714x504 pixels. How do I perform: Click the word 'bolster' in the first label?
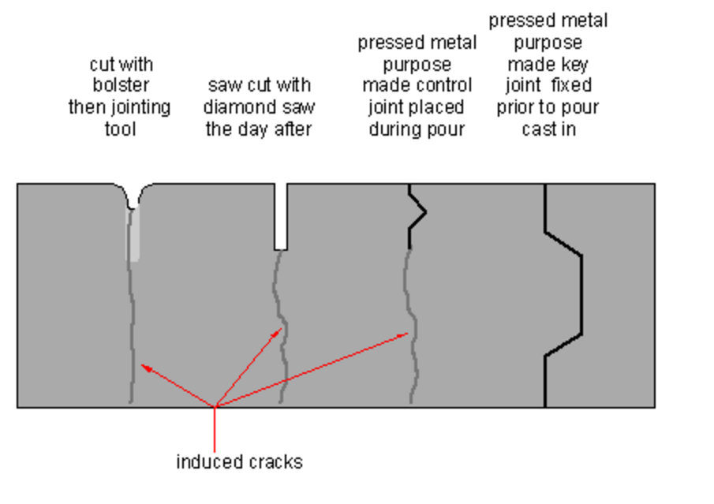point(121,85)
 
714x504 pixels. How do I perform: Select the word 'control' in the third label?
point(443,85)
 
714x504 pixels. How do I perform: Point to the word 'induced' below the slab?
point(203,461)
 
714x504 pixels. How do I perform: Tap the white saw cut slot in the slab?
point(281,217)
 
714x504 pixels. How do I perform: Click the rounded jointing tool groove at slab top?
point(133,196)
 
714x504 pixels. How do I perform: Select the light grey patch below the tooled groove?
point(133,234)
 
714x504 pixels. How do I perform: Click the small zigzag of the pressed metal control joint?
point(417,212)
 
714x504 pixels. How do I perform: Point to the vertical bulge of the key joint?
point(581,294)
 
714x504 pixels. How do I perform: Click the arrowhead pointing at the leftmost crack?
point(146,367)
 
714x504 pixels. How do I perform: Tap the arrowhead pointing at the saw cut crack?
point(277,333)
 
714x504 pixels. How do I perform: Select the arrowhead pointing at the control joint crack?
point(402,335)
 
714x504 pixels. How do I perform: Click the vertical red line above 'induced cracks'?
point(215,429)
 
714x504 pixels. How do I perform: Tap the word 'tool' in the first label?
point(121,129)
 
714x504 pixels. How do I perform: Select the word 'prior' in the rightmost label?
point(514,108)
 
